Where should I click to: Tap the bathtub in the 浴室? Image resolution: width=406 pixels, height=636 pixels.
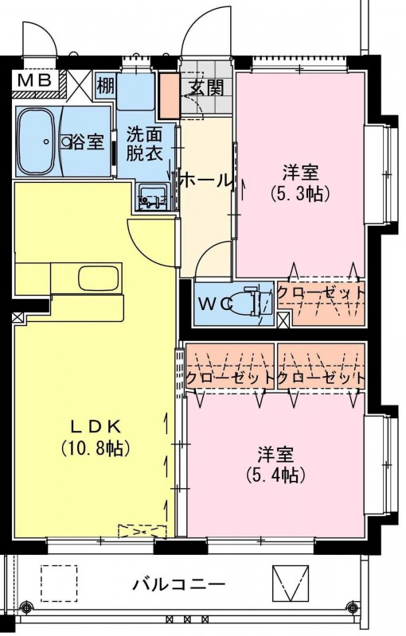coord(37,142)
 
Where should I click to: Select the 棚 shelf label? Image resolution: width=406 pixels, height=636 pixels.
coord(106,86)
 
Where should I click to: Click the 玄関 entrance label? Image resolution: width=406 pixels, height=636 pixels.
coord(206,87)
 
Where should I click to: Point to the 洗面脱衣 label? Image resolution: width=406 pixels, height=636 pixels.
coord(144,144)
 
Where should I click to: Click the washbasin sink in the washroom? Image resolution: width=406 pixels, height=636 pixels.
coord(152,196)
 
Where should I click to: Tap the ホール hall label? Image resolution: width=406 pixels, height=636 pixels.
coord(205,180)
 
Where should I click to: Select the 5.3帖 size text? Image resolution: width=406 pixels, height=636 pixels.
coord(300,194)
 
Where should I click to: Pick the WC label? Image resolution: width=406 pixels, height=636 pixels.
coord(216,303)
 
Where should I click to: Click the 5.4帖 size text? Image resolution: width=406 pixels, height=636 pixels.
coord(275,474)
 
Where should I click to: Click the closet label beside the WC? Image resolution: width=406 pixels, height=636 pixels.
coord(321,293)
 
